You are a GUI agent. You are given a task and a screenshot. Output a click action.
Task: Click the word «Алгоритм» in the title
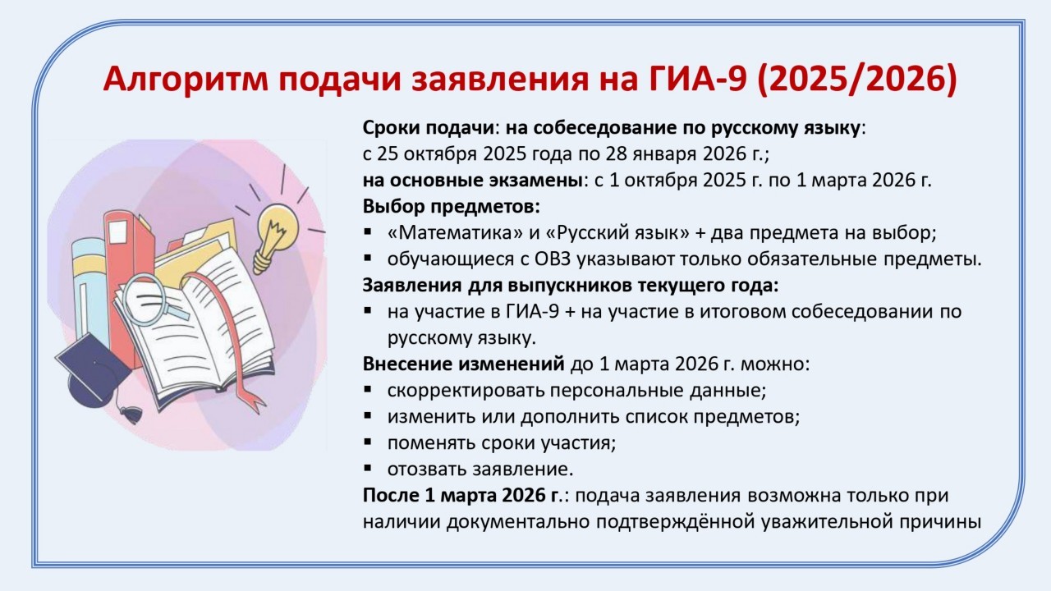pos(185,80)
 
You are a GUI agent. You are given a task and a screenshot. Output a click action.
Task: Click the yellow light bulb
pos(273,237)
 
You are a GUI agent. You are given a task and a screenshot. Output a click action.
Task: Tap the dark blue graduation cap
pos(94,370)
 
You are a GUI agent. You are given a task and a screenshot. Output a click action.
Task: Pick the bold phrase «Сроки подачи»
pos(429,128)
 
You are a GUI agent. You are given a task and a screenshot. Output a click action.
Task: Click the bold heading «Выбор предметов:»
pos(452,207)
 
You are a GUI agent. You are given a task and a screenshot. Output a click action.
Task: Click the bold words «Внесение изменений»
pos(464,364)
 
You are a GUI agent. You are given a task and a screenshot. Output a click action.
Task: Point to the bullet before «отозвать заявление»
pos(367,468)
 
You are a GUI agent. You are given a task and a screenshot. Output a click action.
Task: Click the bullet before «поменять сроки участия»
pos(367,442)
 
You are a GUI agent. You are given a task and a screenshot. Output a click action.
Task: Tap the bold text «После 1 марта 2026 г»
pos(461,496)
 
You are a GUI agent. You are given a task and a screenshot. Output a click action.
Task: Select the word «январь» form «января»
pos(664,154)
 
